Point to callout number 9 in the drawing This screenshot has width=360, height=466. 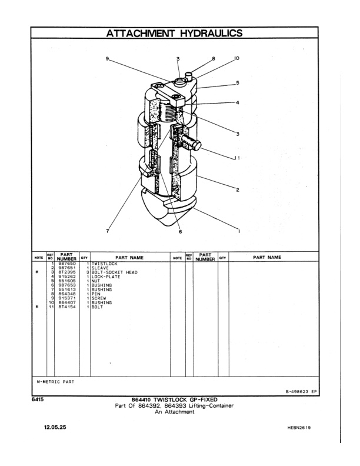point(108,59)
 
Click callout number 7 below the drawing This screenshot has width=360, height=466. point(108,231)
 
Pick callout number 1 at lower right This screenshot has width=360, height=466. point(238,231)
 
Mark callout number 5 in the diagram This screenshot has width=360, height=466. point(238,83)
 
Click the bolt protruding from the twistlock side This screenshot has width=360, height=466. point(193,144)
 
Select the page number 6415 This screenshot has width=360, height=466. point(39,400)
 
